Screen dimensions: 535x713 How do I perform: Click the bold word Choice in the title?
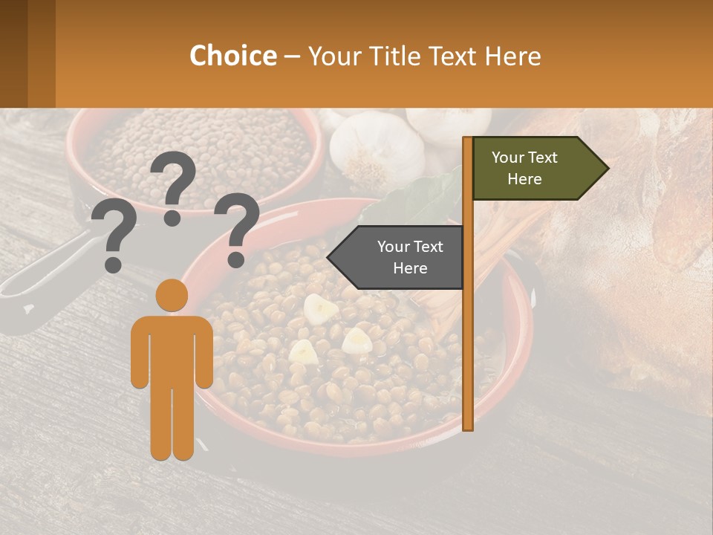point(232,56)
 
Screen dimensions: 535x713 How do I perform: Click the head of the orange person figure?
point(172,295)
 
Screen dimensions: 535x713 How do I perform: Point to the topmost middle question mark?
point(175,186)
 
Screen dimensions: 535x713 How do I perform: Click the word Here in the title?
point(512,56)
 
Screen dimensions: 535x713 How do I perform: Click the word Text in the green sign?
point(544,158)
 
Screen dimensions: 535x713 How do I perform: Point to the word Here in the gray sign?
point(410,268)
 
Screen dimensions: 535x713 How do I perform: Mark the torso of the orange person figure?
point(172,349)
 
